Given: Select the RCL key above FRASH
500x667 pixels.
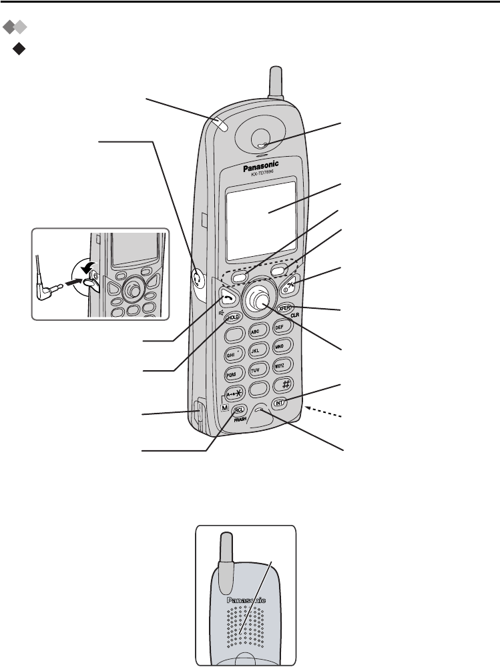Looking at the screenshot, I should [x=239, y=411].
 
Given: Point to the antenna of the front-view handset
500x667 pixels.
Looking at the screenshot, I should [x=276, y=87].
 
